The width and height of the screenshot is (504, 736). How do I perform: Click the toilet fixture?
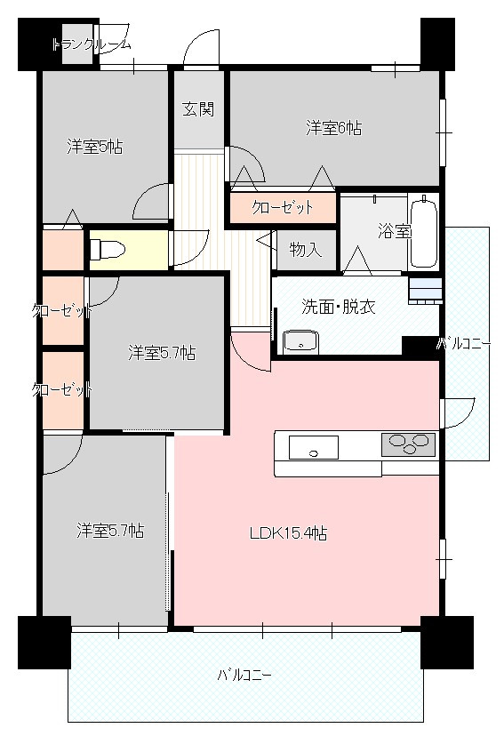point(108,249)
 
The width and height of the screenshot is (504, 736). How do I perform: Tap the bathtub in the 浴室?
point(424,231)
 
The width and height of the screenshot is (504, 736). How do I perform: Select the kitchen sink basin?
point(314,447)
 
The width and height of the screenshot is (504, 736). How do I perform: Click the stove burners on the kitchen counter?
point(408,444)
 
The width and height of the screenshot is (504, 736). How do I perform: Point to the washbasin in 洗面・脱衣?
point(300,341)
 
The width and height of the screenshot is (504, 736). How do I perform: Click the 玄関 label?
point(198,109)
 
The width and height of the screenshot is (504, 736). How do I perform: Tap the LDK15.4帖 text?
point(288,533)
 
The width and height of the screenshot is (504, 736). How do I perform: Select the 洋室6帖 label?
point(333,128)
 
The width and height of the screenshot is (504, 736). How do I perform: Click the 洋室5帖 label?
point(95,147)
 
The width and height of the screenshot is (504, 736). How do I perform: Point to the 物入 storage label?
point(306,249)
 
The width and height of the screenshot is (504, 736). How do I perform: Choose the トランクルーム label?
point(91,45)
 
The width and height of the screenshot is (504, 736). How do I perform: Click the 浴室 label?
point(395,230)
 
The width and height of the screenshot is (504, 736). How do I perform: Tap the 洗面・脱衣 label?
point(339,307)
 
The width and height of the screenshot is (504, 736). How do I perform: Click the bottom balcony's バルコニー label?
point(244,676)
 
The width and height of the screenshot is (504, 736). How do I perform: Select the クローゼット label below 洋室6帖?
point(282,207)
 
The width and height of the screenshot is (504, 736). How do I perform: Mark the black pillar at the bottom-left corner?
point(44,642)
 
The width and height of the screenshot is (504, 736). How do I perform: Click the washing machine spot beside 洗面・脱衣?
point(425,291)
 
